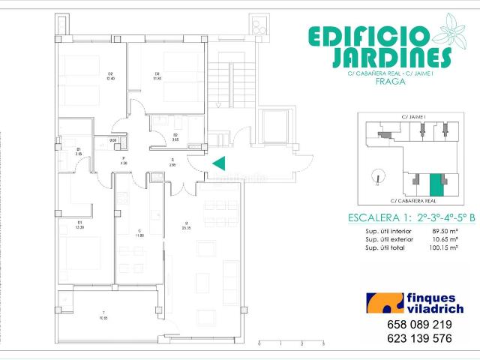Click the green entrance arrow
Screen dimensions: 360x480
[x=219, y=163]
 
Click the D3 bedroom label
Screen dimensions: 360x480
[x=157, y=75]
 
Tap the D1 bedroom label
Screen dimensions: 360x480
[x=80, y=225]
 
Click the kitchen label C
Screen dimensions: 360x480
[x=139, y=232]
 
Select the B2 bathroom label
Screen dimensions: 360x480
[x=154, y=136]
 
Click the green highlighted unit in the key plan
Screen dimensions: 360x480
[x=436, y=184]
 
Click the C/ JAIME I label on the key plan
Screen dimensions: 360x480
[x=414, y=118]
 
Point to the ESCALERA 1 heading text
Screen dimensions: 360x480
[x=379, y=218]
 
